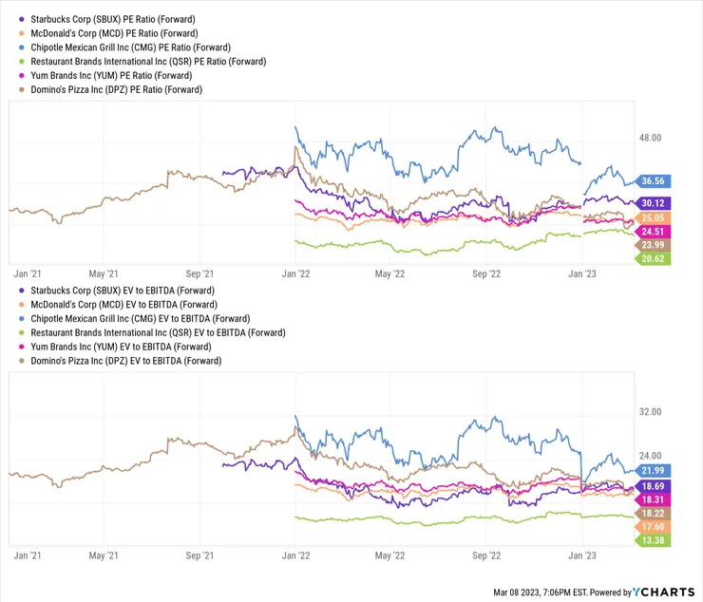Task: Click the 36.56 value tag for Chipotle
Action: click(653, 180)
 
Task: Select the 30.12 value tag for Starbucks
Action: click(653, 203)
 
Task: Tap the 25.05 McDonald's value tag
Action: click(653, 217)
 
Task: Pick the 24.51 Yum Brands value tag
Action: click(653, 232)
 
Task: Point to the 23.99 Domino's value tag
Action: click(653, 245)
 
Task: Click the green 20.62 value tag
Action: click(653, 258)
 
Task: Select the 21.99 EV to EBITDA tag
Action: click(653, 471)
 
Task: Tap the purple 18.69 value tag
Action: click(653, 485)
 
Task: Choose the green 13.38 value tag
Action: click(653, 540)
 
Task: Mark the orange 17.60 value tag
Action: click(653, 527)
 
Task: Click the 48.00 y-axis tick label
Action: click(651, 139)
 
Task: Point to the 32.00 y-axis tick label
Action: click(651, 412)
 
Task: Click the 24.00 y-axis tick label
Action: click(651, 455)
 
